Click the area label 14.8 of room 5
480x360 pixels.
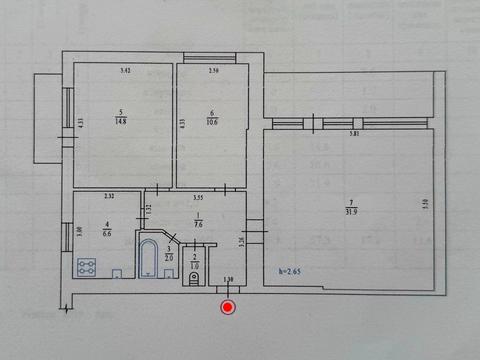coord(120,121)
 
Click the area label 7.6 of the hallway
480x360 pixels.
coord(198,224)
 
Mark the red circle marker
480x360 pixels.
coord(228,308)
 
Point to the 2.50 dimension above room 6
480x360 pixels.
coord(213,71)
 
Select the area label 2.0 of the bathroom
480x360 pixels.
coord(168,254)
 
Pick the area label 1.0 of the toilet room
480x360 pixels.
coord(195,263)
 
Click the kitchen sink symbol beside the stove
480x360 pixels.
coord(117,271)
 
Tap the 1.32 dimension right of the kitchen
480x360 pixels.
coord(147,209)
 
